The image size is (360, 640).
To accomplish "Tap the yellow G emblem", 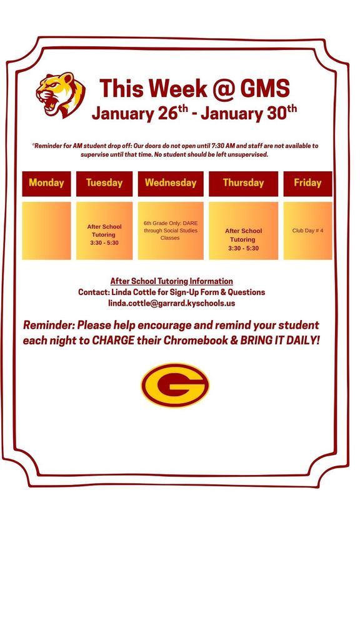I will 175,386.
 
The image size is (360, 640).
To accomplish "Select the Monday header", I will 46,183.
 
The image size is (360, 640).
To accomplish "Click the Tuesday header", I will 104,183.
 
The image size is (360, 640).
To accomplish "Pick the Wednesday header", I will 171,183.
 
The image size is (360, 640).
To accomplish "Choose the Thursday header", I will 243,183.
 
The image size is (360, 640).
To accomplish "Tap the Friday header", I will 307,183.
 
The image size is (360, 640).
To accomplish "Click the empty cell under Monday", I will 46,231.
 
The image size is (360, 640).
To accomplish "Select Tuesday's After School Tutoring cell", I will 104,234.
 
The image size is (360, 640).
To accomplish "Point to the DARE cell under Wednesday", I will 171,230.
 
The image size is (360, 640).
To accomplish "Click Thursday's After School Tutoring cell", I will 243,239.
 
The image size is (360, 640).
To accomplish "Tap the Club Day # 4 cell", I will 307,231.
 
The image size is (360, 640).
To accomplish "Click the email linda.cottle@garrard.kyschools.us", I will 171,303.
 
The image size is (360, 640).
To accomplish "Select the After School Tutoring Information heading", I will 171,281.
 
